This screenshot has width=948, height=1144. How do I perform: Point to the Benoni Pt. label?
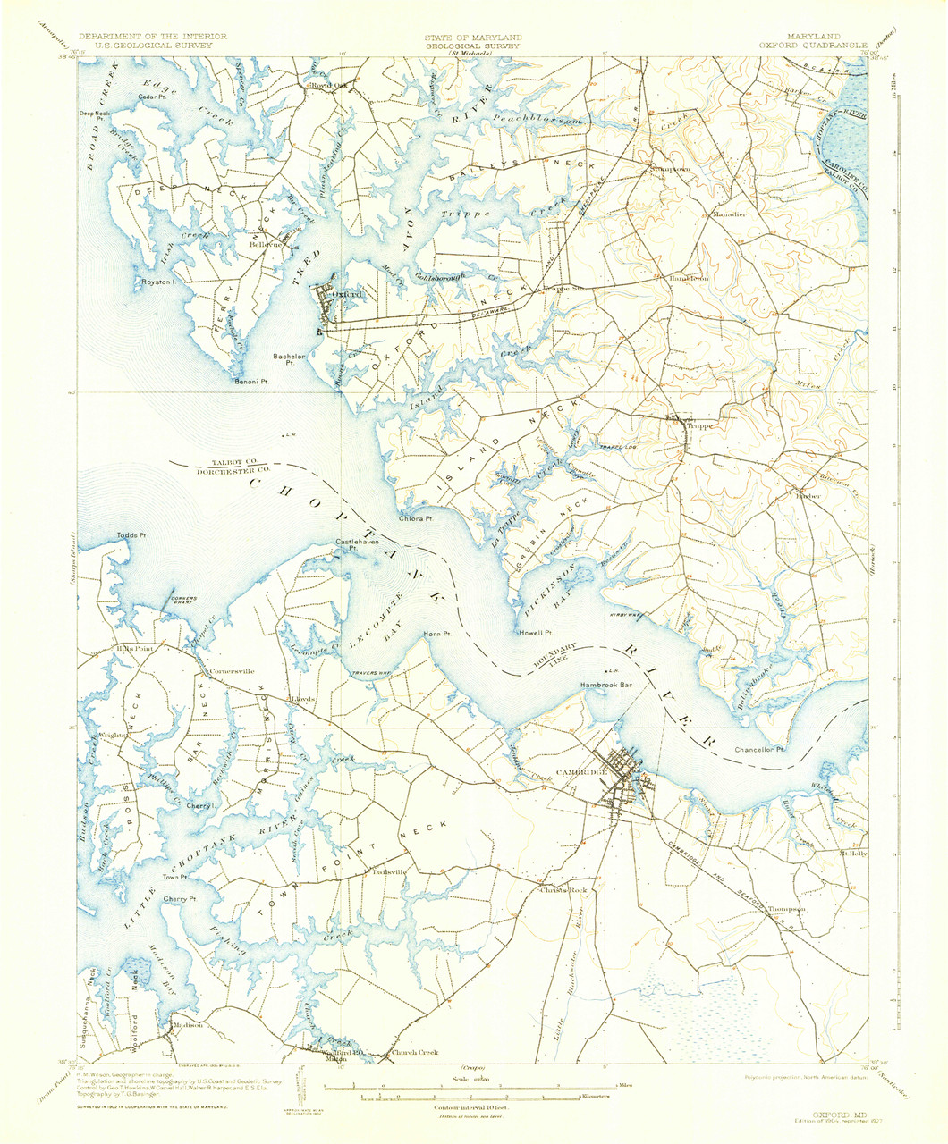coord(251,382)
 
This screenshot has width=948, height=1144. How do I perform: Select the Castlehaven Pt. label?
coord(351,545)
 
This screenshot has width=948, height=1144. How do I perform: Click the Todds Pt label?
coord(131,535)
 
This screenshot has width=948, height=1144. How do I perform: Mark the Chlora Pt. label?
coord(416,518)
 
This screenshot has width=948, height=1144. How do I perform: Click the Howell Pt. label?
coord(533,635)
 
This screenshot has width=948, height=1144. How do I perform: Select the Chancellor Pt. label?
coord(758,749)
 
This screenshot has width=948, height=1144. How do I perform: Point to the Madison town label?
coord(189,1025)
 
